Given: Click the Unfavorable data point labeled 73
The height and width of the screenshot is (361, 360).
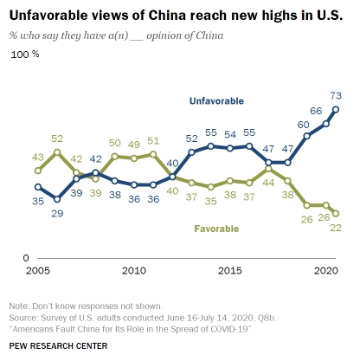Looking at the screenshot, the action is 336,109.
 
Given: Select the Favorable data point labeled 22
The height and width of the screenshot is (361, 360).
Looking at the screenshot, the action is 336,214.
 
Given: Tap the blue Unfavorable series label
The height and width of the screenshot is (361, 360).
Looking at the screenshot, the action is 216,101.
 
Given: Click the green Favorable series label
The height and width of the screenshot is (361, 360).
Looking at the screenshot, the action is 216,229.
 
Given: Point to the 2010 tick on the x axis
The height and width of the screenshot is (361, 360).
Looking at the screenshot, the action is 134,271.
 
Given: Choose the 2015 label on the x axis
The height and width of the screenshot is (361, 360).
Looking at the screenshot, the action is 230,271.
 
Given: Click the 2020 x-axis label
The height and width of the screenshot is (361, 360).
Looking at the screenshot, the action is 326,271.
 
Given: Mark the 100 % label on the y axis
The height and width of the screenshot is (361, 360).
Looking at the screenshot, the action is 25,55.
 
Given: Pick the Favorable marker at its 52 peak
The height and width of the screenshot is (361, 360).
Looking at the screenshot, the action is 57,152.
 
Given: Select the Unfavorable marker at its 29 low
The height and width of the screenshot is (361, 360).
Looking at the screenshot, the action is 57,199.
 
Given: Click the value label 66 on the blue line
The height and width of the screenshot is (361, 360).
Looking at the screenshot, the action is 316,111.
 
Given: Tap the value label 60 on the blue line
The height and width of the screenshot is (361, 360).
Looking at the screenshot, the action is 303,125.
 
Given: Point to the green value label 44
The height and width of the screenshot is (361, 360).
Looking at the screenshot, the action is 268,183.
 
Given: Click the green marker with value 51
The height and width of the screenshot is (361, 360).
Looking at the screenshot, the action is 153,154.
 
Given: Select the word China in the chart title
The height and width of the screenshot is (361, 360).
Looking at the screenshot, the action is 168,16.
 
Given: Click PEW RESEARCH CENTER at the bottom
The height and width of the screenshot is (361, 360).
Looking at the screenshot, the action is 58,346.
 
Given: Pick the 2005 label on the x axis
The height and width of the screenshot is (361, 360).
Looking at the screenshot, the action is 38,271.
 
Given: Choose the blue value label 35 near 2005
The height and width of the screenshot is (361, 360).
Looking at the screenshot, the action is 38,201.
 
